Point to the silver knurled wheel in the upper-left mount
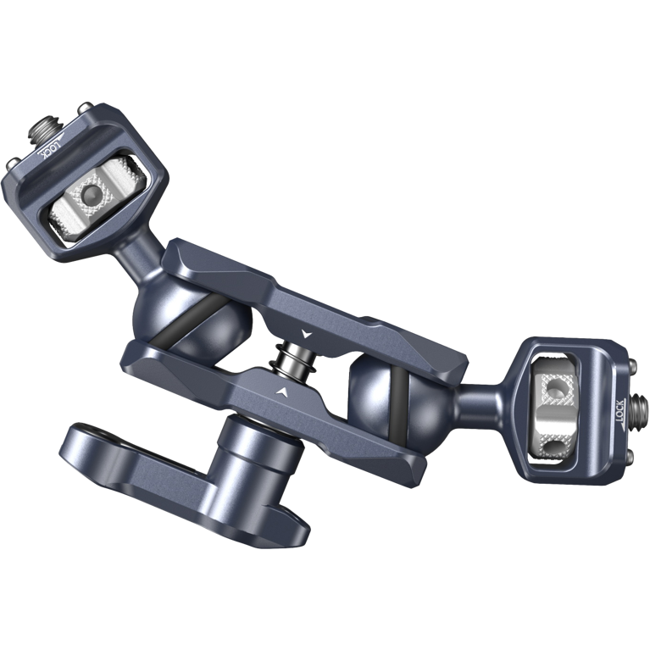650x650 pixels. tap(86, 200)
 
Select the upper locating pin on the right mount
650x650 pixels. tap(633, 365)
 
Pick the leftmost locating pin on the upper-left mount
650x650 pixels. tap(12, 161)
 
